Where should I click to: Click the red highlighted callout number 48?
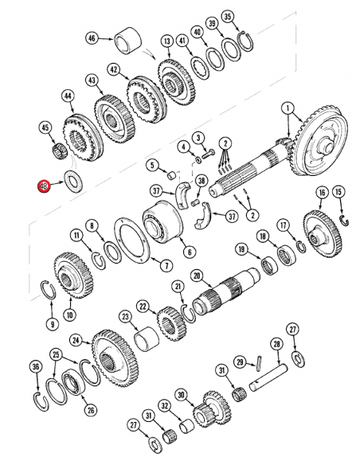click(45, 187)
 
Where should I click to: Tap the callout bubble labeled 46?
click(92, 37)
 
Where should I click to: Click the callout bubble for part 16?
click(322, 192)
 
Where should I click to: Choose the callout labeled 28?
click(276, 344)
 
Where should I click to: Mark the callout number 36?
click(35, 367)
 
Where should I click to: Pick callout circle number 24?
click(76, 341)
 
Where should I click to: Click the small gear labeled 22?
click(169, 322)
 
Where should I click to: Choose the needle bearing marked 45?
click(57, 149)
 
